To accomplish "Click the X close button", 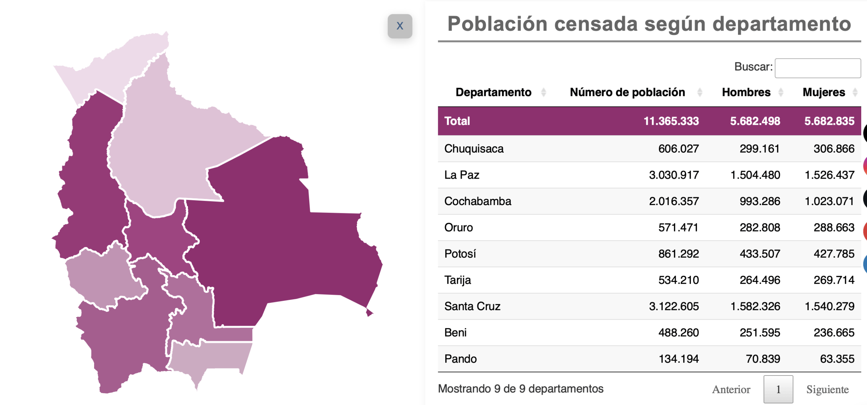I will (400, 26).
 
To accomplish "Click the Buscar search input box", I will (818, 68).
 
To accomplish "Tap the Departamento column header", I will (493, 92).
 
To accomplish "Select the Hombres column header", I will (746, 92).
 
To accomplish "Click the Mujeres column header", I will (824, 92).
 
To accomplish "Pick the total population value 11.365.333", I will (671, 121).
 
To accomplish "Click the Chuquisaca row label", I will (474, 149).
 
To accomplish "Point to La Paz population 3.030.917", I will (674, 175).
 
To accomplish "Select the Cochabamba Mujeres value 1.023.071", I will (829, 201).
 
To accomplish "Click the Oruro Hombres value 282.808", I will (760, 227).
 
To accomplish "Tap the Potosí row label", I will (460, 254).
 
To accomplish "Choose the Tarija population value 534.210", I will (678, 280).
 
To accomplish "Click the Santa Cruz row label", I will (472, 306).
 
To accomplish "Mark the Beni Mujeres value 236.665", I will (834, 332).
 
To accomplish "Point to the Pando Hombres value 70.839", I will (763, 359).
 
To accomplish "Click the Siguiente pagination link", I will (827, 389).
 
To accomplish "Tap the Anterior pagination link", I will (731, 389).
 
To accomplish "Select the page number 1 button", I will (778, 389).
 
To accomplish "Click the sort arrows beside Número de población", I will (700, 92).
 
